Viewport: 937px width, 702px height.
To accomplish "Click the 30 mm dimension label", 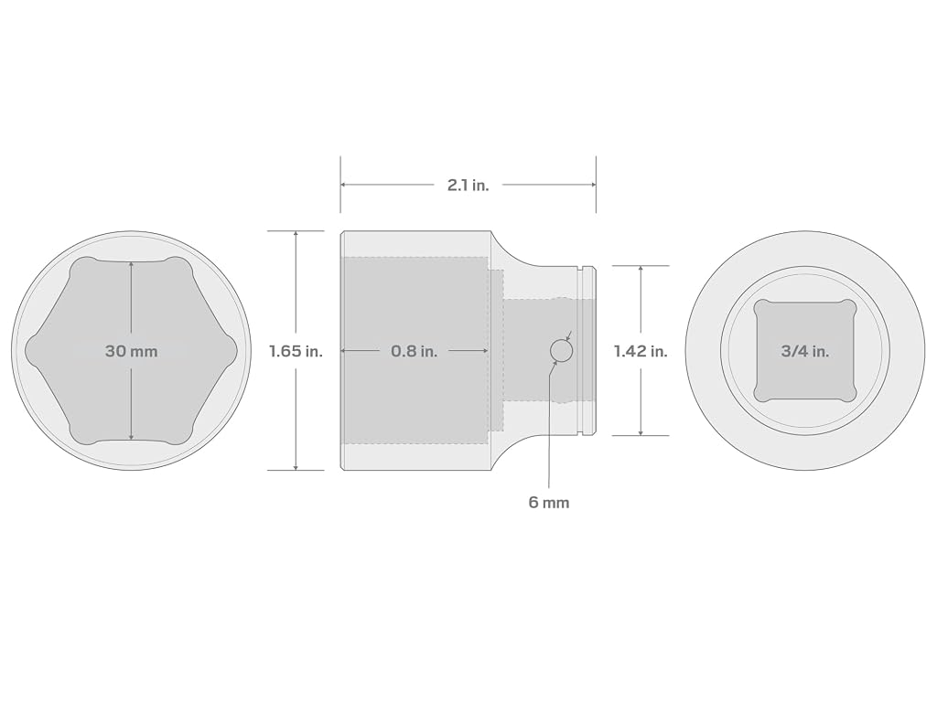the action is tap(132, 351).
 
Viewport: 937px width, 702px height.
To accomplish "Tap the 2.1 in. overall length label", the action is tap(468, 185).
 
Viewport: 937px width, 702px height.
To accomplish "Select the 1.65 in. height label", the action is tap(296, 351).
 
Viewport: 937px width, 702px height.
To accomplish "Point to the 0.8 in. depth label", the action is tap(415, 351).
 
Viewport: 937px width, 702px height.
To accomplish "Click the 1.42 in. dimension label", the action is tap(641, 351).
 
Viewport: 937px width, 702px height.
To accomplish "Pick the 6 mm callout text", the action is tap(549, 503).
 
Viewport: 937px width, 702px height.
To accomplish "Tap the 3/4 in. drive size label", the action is tap(805, 351).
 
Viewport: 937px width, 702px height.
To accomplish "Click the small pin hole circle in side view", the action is tap(561, 350).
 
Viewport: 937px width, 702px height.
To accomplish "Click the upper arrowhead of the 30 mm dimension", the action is tap(132, 264).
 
